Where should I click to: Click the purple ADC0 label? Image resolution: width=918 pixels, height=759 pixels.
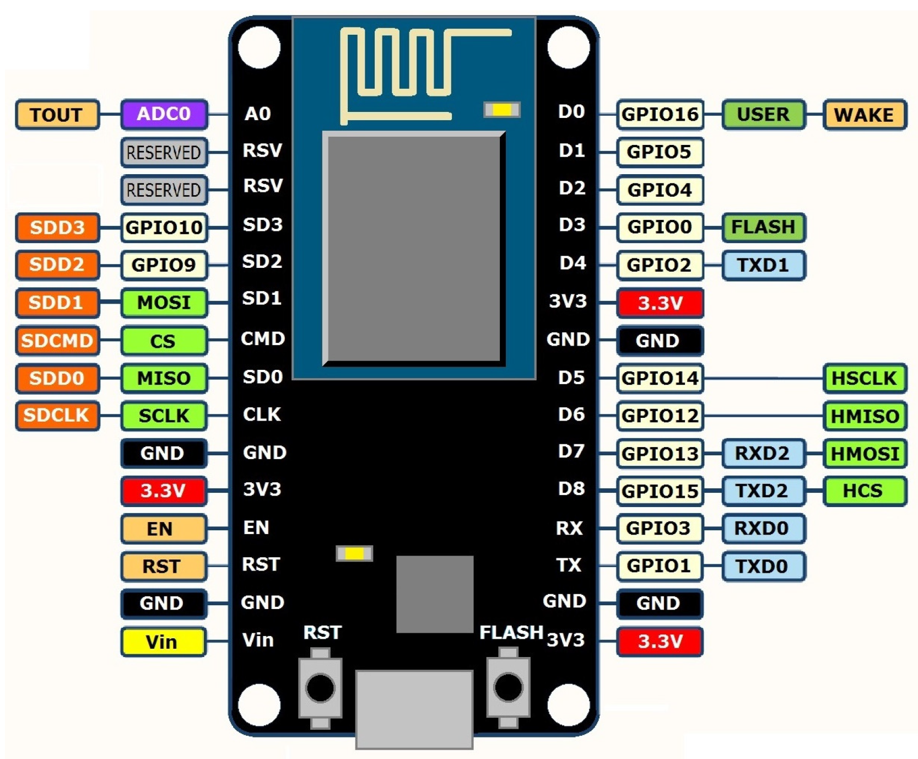click(164, 114)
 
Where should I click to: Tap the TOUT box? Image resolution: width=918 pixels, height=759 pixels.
click(57, 115)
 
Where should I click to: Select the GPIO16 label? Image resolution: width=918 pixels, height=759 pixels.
click(659, 114)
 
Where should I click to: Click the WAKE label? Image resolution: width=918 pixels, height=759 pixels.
click(863, 115)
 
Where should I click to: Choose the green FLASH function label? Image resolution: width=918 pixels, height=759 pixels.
click(763, 227)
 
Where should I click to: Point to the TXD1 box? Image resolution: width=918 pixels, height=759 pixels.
click(763, 265)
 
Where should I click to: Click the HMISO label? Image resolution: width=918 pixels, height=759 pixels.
click(864, 416)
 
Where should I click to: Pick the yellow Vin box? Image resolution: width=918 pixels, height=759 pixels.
click(163, 642)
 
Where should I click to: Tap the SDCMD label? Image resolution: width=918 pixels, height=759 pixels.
click(57, 341)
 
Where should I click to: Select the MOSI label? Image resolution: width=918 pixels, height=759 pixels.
click(164, 303)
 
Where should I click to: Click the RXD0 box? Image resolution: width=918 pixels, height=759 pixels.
click(763, 529)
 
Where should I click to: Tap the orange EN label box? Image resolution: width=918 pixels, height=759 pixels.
click(163, 529)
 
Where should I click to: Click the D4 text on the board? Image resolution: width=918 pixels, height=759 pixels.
click(572, 263)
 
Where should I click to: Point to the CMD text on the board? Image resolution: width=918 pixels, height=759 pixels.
click(262, 338)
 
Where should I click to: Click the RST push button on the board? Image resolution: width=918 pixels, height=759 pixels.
click(320, 688)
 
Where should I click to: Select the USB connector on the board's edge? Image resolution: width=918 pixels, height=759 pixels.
click(414, 708)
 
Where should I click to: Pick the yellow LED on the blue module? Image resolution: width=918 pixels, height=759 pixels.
click(501, 110)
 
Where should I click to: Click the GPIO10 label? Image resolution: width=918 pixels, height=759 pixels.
click(164, 227)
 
